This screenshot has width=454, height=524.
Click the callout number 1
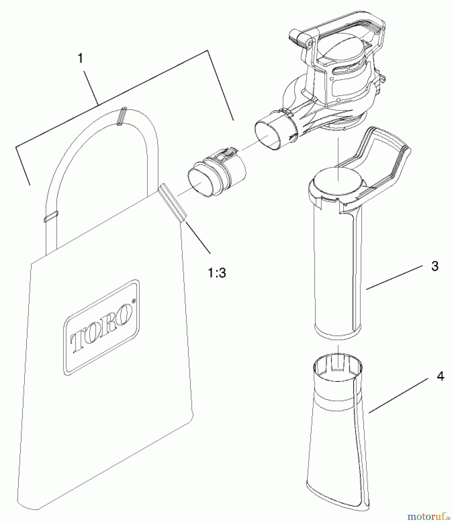(x=80, y=58)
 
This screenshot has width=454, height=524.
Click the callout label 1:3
(x=217, y=272)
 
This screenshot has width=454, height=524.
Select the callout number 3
(x=434, y=266)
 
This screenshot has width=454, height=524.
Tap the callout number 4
(x=440, y=376)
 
